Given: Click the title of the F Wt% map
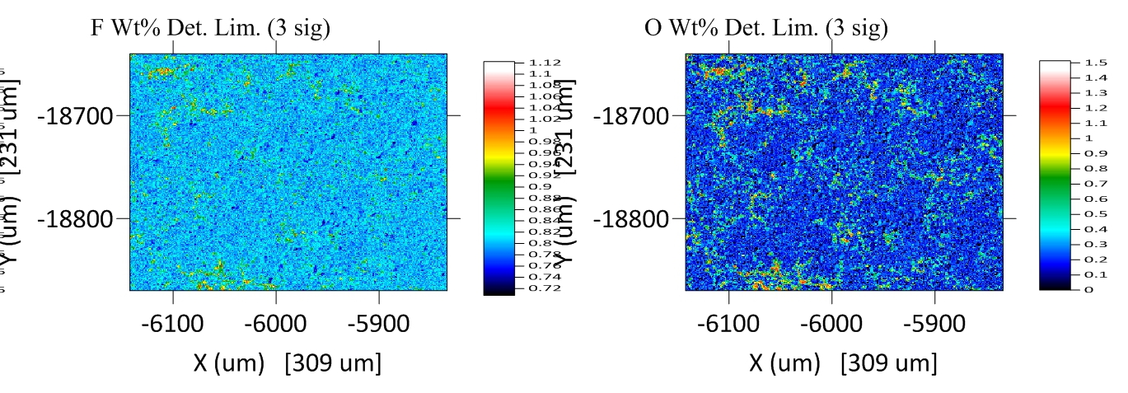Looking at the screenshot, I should (210, 29).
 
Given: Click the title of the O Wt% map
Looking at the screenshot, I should (766, 29).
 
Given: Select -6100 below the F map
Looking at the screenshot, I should (172, 323).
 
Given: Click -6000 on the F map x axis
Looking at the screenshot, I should (275, 323).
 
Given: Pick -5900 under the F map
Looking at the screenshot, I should (378, 323).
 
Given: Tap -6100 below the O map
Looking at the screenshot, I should (728, 323).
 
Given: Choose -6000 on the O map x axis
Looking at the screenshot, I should (831, 323).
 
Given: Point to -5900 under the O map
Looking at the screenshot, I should (934, 323).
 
